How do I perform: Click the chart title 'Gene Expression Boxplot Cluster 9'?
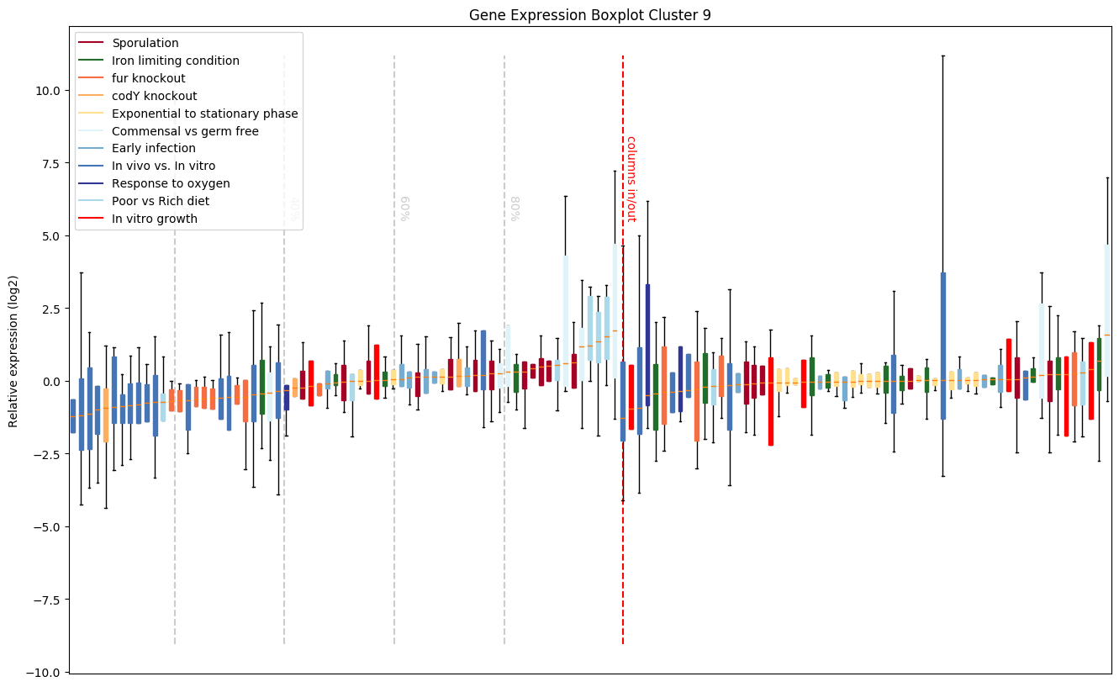point(589,15)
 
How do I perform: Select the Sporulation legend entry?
point(145,43)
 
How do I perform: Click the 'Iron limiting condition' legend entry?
point(175,61)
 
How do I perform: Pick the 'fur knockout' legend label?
point(148,78)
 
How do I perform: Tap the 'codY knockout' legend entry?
point(154,96)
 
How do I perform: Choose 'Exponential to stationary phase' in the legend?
point(204,114)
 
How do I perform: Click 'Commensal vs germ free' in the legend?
point(185,131)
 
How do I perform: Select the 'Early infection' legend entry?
point(153,149)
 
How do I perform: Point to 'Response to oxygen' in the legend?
point(171,183)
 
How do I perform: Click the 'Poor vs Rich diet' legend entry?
point(160,201)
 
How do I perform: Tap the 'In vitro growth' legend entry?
point(154,219)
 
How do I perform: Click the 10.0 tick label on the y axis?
point(47,91)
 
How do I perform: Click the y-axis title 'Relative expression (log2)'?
point(13,351)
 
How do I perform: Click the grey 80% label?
point(515,209)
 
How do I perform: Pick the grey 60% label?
point(405,209)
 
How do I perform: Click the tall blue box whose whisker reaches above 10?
point(943,345)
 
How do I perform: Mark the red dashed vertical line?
point(623,505)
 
